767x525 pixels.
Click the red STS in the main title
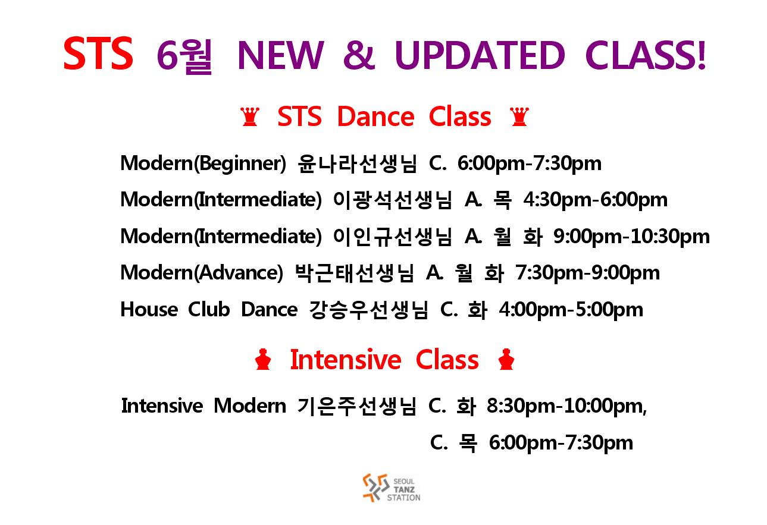click(x=98, y=53)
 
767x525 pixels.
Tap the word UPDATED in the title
click(x=480, y=55)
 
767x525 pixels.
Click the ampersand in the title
click(x=359, y=55)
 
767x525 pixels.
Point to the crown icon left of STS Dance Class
click(x=250, y=117)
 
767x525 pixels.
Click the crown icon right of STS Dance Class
click(x=519, y=117)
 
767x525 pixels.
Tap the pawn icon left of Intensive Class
click(x=263, y=359)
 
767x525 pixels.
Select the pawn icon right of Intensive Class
click(x=506, y=359)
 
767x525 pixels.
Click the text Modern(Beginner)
click(x=203, y=164)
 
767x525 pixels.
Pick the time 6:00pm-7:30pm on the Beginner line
click(x=530, y=164)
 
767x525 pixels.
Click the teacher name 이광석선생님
click(x=392, y=200)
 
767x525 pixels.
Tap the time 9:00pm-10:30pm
click(x=631, y=237)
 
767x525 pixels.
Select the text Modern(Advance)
click(x=202, y=273)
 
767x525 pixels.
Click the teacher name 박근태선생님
click(x=355, y=273)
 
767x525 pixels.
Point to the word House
click(x=149, y=309)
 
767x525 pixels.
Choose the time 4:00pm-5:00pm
click(x=571, y=310)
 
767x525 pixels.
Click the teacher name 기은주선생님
click(x=357, y=406)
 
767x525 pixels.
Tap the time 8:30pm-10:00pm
click(x=566, y=406)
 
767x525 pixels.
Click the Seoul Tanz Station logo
click(x=392, y=488)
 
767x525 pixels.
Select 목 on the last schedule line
click(x=467, y=443)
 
